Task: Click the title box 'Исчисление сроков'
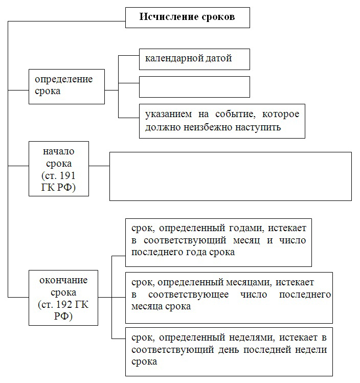coord(188,17)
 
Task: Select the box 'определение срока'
coord(66,87)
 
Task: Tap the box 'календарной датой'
coord(194,59)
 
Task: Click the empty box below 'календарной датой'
coord(194,87)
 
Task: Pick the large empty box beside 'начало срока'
coord(231,176)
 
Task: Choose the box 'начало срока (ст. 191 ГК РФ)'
coord(59,169)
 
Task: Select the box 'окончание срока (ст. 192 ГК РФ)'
coord(63,298)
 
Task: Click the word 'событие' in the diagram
coord(235,114)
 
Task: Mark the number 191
coord(67,175)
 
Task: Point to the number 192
coord(64,305)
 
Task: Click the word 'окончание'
coord(63,280)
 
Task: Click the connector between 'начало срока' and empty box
coord(99,166)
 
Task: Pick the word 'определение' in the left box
coord(64,79)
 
